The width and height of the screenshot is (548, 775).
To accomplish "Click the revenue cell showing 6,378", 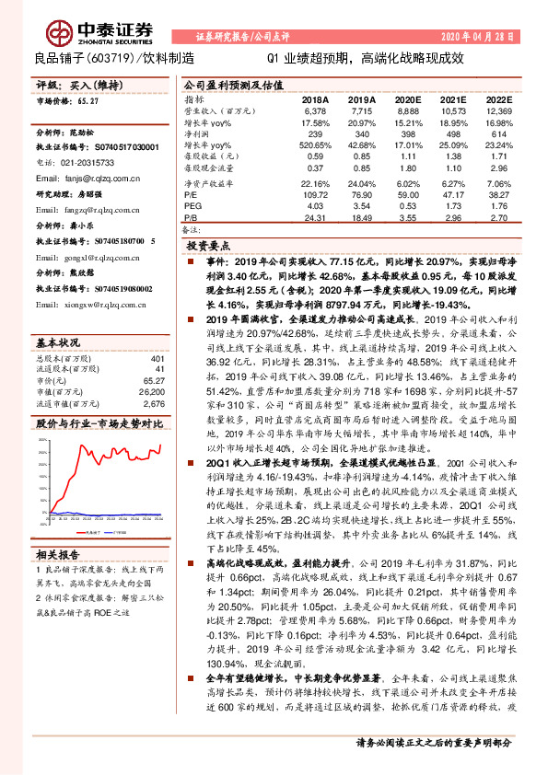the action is (x=316, y=110).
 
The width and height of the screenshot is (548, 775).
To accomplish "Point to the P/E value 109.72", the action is (x=316, y=195).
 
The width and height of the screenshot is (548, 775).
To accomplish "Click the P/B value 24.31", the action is (x=316, y=218).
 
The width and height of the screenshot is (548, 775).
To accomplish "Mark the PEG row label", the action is (x=192, y=206).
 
